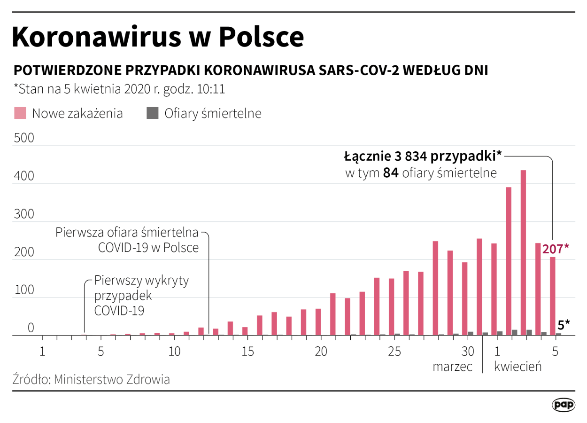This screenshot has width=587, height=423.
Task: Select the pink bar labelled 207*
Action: pos(553,296)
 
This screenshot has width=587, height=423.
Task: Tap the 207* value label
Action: pos(556,249)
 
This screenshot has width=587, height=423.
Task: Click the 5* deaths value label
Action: pos(564,324)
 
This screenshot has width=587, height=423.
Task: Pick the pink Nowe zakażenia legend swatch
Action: pos(20,113)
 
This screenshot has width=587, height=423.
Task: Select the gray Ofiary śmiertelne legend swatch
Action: pos(152,113)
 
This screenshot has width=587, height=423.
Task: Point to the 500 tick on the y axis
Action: pos(24,139)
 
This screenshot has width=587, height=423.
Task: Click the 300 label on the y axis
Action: pos(24,215)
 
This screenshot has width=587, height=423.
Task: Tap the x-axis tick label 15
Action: pos(248,352)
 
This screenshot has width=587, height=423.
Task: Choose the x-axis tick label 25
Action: pos(394,352)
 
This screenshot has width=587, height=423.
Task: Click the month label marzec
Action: pos(453,366)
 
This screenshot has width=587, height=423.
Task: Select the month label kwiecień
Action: pos(517,366)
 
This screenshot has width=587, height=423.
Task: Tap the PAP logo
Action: pos(563,405)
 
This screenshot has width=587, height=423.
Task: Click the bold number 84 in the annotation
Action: pos(391,173)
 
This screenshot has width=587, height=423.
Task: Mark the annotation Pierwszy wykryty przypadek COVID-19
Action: pos(141,295)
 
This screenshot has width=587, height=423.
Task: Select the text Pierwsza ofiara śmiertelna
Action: pos(127,232)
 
